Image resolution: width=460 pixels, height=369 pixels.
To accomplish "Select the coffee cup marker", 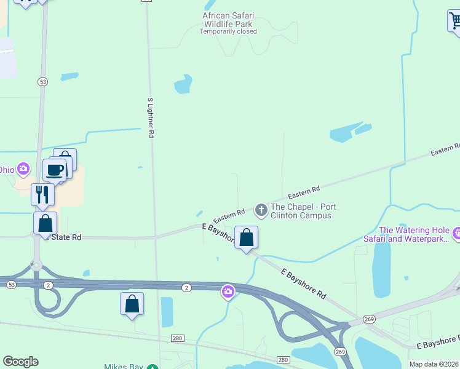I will point(54,170).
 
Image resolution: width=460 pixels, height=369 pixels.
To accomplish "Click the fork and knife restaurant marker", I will point(42,194).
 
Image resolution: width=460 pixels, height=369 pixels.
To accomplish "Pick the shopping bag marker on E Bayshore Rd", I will point(246,237).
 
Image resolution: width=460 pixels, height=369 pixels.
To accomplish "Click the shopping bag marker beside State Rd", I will point(46,223).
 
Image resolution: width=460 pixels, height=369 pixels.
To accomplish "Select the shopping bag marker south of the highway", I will point(132,303).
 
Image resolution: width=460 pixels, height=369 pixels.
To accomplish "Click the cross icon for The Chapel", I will point(261,211).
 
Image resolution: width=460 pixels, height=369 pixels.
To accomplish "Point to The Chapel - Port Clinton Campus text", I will point(303,211).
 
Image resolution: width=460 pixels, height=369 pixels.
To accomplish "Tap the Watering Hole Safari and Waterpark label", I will point(414,234).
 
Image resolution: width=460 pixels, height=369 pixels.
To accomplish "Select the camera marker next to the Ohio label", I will point(23,169).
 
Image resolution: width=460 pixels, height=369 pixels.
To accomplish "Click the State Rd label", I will point(66,237).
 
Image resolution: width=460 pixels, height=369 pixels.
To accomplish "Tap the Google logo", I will point(20,362).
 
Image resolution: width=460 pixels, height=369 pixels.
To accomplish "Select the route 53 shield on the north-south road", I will point(42,82).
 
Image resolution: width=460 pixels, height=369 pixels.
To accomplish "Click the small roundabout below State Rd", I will point(36,266).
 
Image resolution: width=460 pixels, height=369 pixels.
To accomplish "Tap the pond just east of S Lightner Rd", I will point(183,84).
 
